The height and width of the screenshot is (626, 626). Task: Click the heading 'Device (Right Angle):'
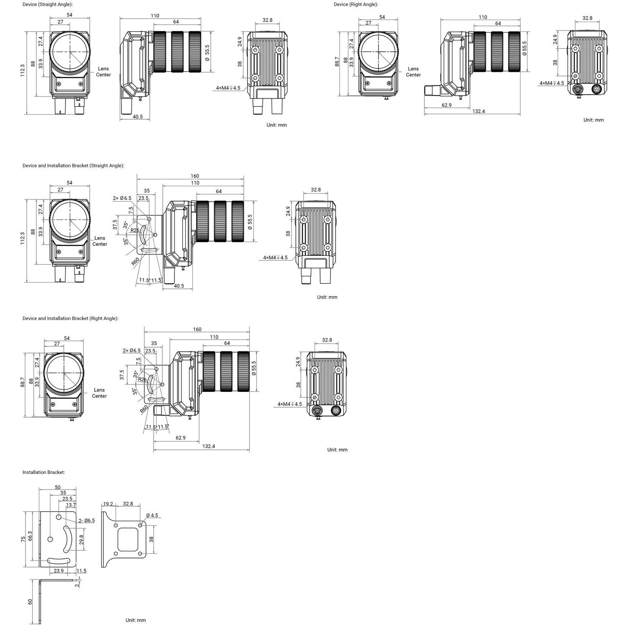point(356,5)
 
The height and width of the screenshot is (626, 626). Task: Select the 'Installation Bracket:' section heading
point(44,472)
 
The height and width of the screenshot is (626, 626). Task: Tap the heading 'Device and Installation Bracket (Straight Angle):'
point(73,166)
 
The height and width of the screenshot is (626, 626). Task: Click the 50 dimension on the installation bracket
point(58,487)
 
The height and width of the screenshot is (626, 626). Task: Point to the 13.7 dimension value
point(71,505)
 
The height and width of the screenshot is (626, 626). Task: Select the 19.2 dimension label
point(108,504)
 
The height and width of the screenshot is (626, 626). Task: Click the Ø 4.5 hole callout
point(151,515)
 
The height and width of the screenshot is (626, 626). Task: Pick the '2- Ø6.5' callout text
point(87,520)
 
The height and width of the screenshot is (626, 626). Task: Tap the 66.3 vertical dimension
point(30,536)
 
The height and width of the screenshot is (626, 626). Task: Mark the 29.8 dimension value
point(81,540)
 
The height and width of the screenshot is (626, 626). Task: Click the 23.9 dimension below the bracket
point(59,571)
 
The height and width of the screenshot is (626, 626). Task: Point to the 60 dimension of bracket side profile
point(30,602)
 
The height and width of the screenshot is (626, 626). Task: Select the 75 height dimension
point(23,539)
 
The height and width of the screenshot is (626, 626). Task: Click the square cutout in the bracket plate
point(128,539)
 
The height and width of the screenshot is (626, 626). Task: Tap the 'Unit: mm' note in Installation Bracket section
point(136,620)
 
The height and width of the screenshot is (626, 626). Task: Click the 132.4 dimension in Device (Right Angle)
point(479,111)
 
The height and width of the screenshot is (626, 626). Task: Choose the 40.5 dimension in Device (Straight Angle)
point(138,117)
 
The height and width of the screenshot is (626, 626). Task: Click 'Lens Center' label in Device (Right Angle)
point(413,72)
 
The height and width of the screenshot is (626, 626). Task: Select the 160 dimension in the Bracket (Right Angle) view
point(197,329)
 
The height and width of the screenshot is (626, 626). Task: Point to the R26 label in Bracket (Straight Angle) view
point(135,230)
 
